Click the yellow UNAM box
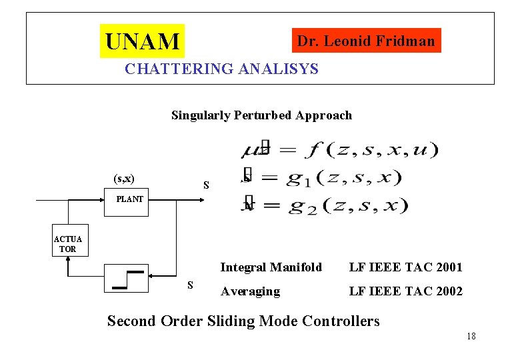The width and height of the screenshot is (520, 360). click(x=142, y=41)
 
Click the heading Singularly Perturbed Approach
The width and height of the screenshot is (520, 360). click(x=261, y=115)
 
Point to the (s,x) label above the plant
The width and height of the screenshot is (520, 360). click(x=124, y=178)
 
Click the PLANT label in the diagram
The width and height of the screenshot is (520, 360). click(x=129, y=199)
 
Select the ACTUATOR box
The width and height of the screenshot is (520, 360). click(x=68, y=243)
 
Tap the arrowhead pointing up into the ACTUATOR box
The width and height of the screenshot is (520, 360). click(x=68, y=261)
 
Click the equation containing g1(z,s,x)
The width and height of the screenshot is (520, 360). click(x=321, y=177)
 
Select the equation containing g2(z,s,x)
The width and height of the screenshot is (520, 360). click(x=325, y=205)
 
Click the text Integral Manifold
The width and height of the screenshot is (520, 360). click(x=271, y=267)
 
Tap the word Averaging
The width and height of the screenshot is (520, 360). click(x=250, y=291)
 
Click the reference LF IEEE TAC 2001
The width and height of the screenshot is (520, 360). click(x=405, y=267)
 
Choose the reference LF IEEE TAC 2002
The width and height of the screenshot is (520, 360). click(x=405, y=291)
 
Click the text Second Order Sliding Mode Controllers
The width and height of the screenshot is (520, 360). click(x=243, y=321)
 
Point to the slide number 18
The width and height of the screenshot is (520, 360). click(x=471, y=336)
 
